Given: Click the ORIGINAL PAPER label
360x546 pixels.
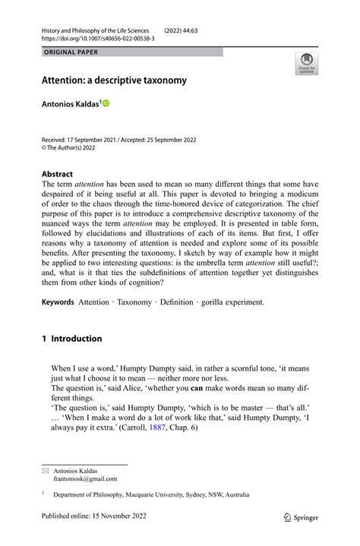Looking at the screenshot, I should [x=71, y=52].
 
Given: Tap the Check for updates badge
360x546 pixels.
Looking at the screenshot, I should [x=308, y=63].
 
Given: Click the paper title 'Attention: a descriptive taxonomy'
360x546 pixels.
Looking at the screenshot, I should [x=114, y=80].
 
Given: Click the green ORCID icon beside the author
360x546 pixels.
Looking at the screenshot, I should [x=106, y=103].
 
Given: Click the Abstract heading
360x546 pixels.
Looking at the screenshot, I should [x=57, y=173].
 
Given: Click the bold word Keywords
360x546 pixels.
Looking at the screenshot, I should [x=58, y=302].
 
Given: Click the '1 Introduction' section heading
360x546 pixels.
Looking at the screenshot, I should [x=71, y=339].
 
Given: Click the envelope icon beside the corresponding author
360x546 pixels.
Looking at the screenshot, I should [x=44, y=471].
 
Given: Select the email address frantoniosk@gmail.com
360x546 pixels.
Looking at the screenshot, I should [x=84, y=479].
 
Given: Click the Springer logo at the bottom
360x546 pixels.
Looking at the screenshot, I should [x=301, y=517].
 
